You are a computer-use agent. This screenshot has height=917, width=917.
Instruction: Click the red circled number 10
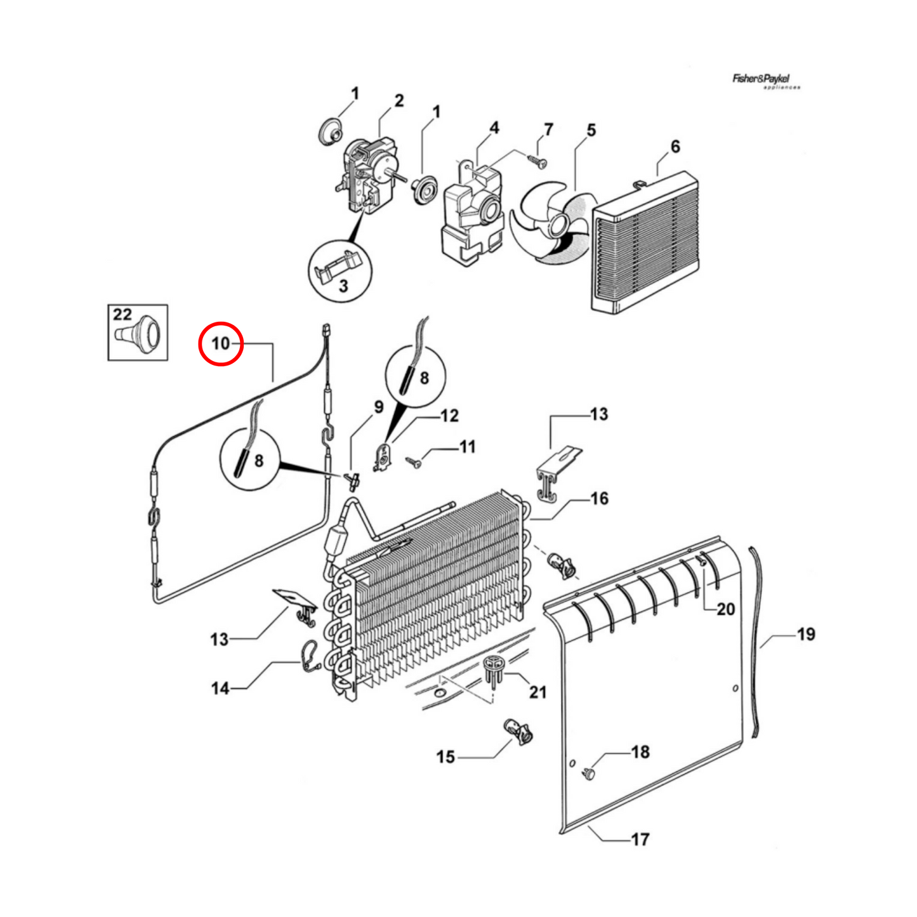(220, 343)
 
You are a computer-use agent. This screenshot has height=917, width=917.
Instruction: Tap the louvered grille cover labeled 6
(646, 242)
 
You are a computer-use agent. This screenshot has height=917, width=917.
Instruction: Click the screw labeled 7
(538, 161)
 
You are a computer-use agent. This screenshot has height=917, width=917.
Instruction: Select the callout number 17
(640, 839)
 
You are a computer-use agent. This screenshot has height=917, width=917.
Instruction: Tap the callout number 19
(805, 634)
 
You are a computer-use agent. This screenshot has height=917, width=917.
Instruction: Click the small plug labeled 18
(589, 773)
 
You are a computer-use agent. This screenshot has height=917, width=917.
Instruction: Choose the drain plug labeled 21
(494, 669)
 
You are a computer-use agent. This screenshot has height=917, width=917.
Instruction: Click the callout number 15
(445, 756)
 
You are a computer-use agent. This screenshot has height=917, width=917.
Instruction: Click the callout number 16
(598, 499)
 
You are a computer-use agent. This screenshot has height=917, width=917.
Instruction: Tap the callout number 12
(449, 416)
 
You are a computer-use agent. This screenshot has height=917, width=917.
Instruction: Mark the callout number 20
(725, 609)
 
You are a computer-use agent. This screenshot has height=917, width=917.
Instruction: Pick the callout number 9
(378, 407)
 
